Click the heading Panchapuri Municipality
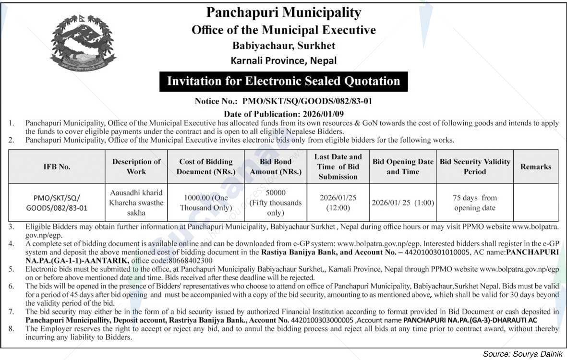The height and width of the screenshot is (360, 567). (283, 12)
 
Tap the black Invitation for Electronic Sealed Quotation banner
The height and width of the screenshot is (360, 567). (283, 81)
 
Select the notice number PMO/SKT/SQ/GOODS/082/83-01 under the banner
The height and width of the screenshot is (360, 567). (308, 101)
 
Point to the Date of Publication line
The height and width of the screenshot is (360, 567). (283, 114)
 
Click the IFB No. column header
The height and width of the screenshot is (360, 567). (57, 167)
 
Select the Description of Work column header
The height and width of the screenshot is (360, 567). (136, 166)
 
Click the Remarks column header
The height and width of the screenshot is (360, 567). (535, 167)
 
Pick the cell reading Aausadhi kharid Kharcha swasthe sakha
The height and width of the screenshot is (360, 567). (136, 203)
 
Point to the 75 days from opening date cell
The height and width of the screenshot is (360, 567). (474, 203)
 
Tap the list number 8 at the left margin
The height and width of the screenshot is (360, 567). (11, 329)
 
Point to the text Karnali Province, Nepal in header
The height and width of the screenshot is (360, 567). (283, 60)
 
